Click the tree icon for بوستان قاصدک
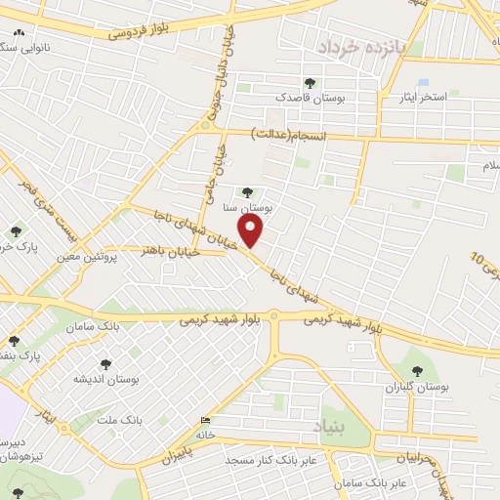tap(311, 83)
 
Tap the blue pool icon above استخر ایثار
tap(422, 83)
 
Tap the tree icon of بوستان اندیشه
tap(104, 363)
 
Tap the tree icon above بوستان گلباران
tap(418, 370)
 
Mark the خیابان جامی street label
tap(209, 172)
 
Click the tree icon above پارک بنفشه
tap(14, 341)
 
